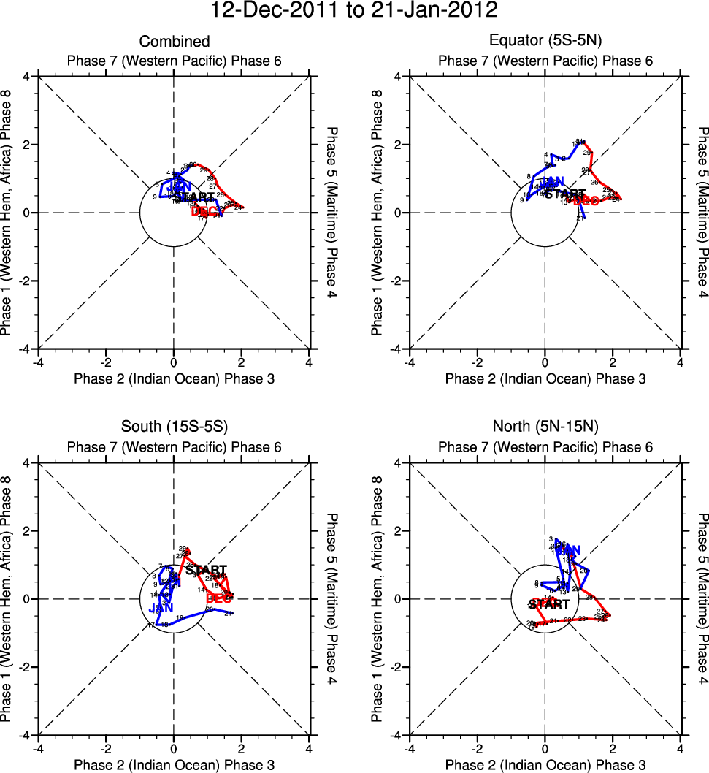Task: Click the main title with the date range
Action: [x=354, y=12]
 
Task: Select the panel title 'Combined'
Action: [x=175, y=42]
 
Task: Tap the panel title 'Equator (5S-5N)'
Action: [x=545, y=42]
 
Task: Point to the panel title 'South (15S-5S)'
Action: [x=175, y=428]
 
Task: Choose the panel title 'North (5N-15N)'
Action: [x=545, y=428]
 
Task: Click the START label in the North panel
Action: [x=549, y=604]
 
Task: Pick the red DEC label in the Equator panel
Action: [x=586, y=201]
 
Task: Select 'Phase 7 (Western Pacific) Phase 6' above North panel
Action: [x=545, y=447]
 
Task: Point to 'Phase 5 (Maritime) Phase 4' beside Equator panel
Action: [x=703, y=212]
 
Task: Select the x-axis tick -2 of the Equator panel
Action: [x=478, y=361]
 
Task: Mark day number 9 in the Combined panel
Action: [x=155, y=197]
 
